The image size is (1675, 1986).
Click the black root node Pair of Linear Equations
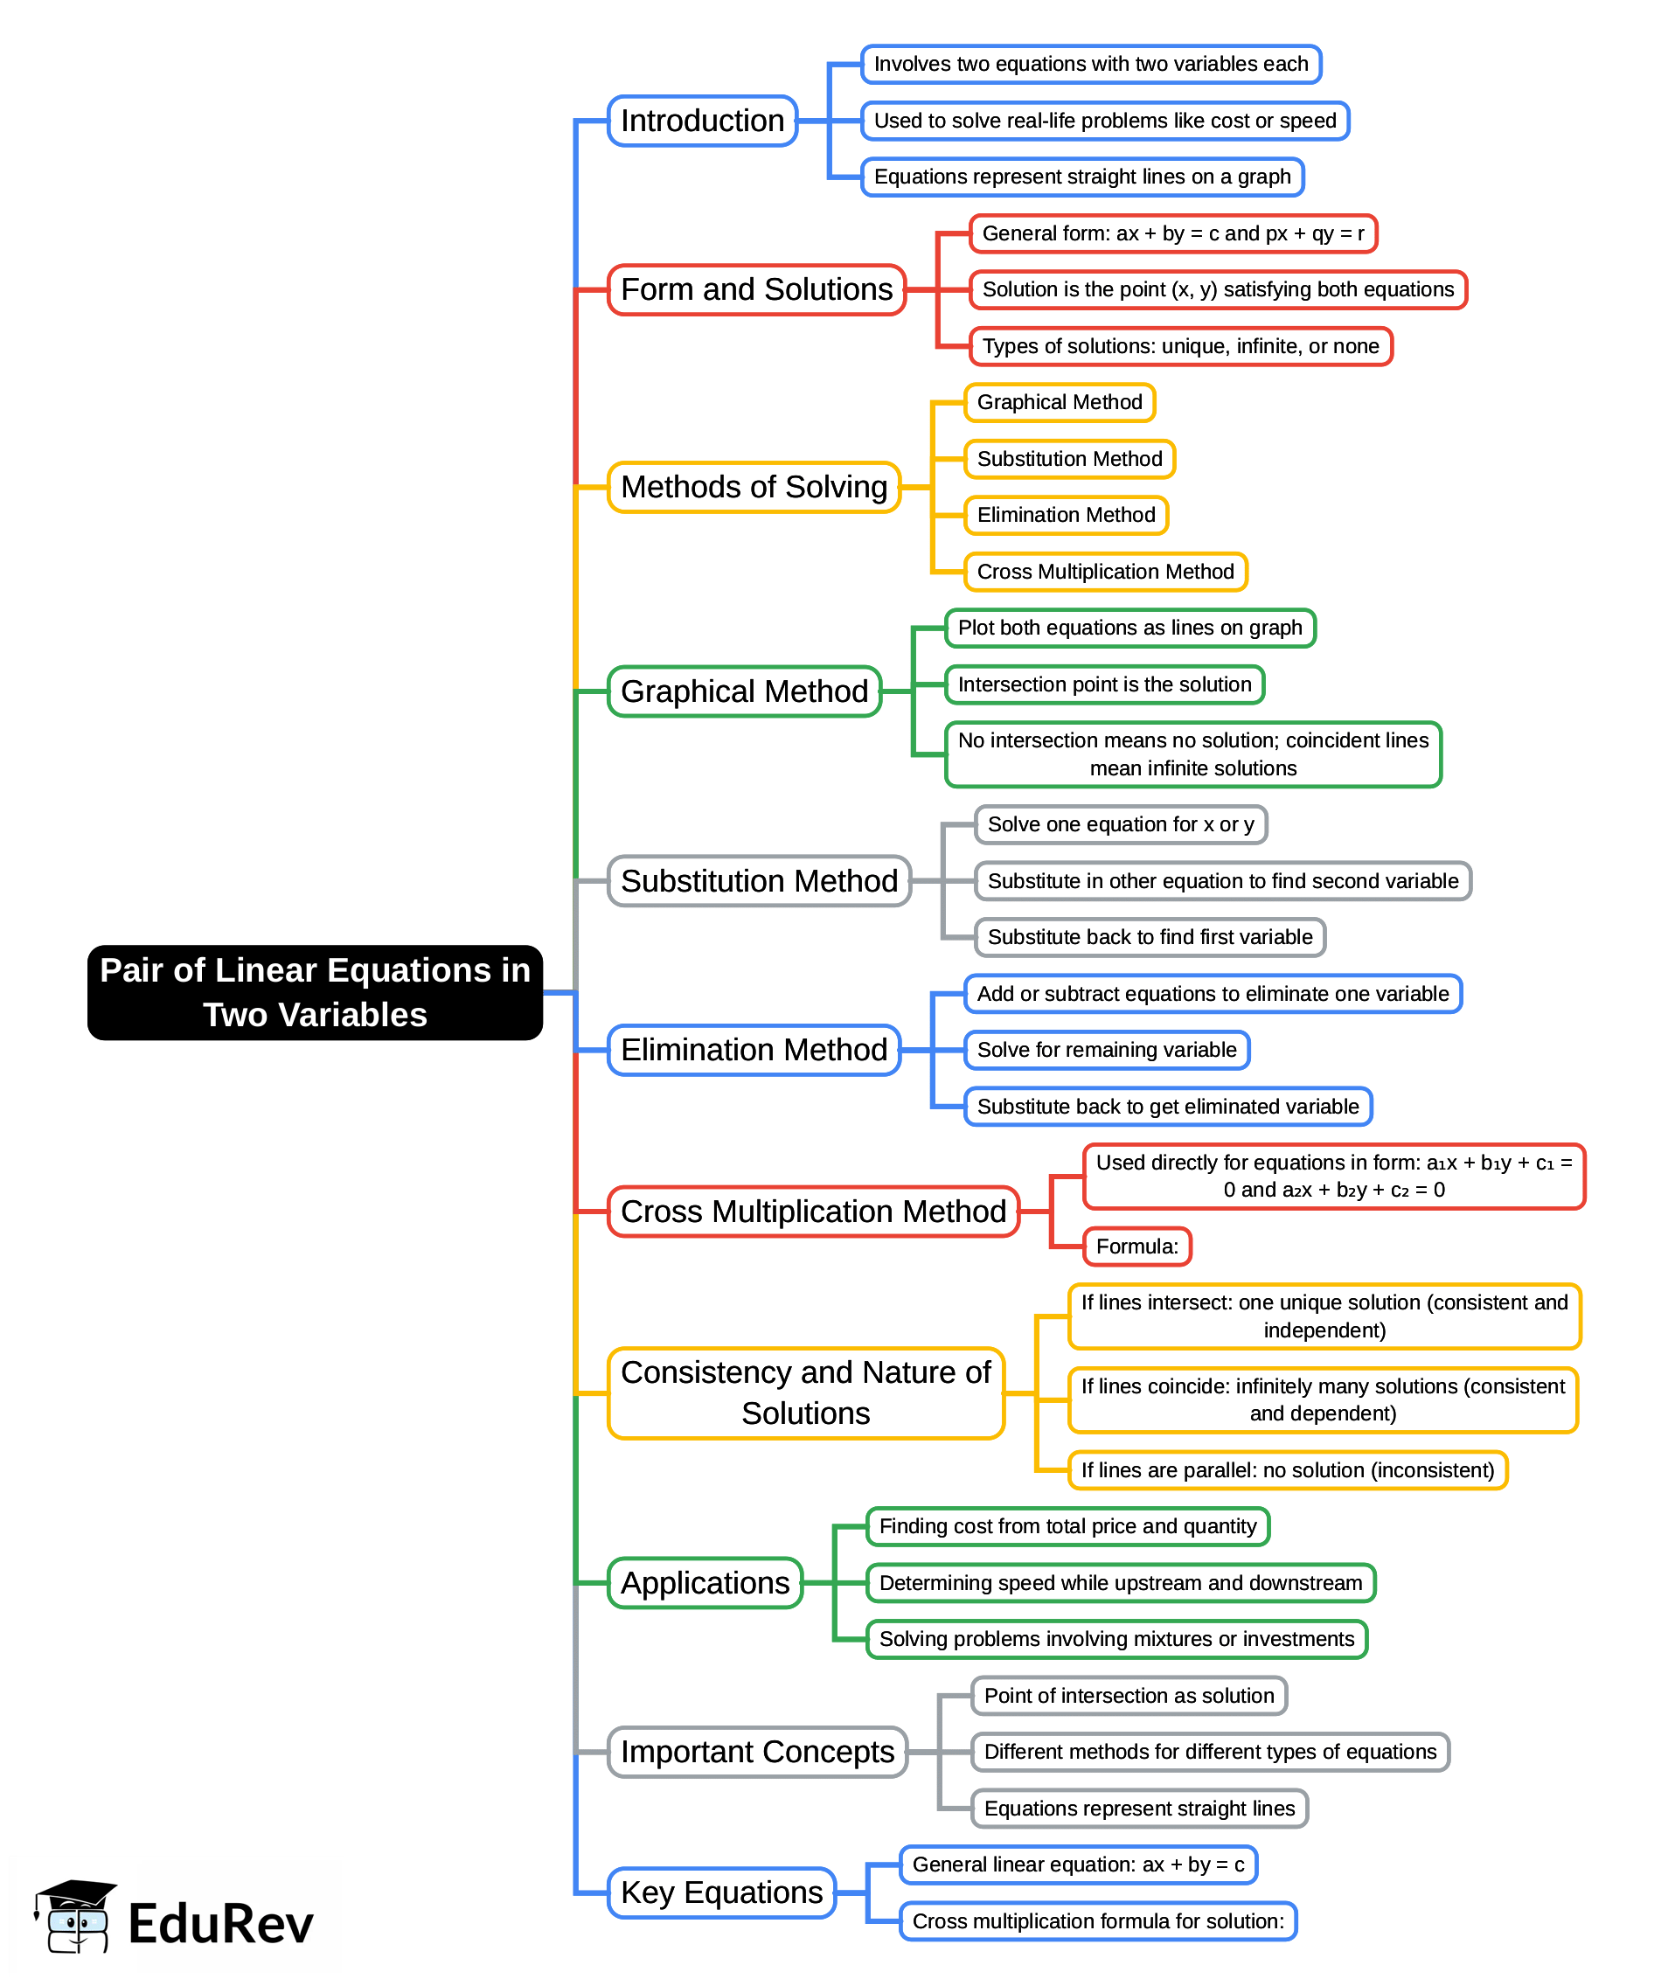click(x=315, y=992)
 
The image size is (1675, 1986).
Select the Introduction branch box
click(x=702, y=121)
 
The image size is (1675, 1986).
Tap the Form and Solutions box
click(x=756, y=289)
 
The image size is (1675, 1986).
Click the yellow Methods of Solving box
click(x=753, y=487)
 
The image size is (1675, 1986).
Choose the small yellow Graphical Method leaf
click(x=1059, y=402)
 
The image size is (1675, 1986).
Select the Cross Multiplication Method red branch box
click(x=813, y=1212)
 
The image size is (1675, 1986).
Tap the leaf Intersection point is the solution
click(x=1103, y=684)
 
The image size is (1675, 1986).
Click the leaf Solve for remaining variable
click(x=1106, y=1050)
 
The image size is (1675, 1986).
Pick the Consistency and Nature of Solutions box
click(x=805, y=1392)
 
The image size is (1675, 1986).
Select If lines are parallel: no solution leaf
click(x=1287, y=1470)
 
